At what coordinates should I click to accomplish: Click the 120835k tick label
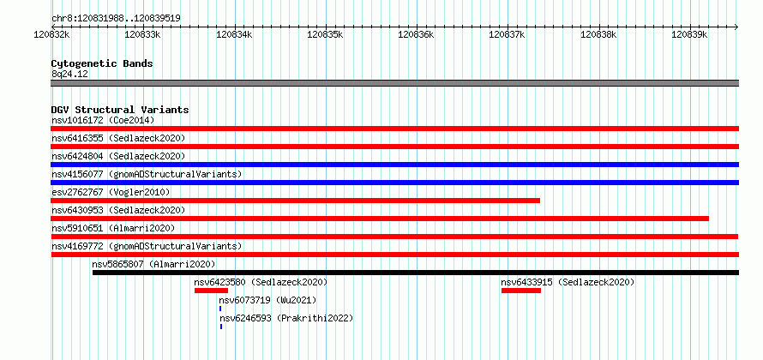pos(325,34)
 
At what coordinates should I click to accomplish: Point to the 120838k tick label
pos(599,34)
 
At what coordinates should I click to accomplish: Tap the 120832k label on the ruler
pos(51,34)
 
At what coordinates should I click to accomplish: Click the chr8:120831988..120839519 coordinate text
pos(116,19)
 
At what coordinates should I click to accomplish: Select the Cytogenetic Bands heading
pos(102,63)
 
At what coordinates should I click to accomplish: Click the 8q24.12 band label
pos(69,75)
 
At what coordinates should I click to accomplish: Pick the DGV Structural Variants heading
pos(120,110)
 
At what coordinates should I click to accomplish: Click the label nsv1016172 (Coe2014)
pos(103,120)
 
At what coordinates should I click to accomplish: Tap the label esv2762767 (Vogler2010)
pos(111,192)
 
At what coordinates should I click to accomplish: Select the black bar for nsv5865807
pos(416,273)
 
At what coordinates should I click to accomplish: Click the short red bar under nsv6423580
pos(211,291)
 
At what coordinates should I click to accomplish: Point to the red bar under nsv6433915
pos(521,291)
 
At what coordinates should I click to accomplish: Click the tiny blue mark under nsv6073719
pos(220,309)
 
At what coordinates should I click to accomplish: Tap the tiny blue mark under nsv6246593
pos(221,327)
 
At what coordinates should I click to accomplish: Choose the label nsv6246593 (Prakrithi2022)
pos(286,318)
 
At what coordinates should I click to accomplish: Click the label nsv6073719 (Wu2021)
pos(267,300)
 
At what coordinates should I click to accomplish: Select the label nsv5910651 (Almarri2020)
pos(113,228)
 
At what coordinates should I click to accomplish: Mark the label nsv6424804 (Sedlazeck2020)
pos(118,156)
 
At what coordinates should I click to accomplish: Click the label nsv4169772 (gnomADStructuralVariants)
pos(147,246)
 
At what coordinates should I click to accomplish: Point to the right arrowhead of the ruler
pos(736,27)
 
